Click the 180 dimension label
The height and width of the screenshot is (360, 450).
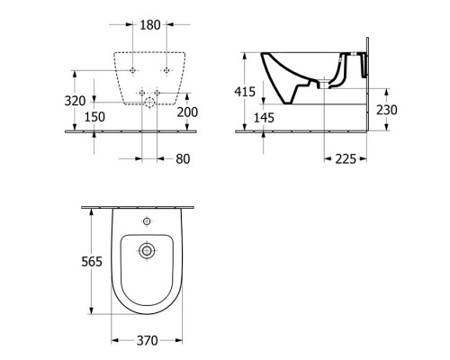[150, 25]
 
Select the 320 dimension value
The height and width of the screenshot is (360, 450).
[75, 101]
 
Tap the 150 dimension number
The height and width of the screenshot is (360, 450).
[94, 117]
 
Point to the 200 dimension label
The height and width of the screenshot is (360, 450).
[187, 112]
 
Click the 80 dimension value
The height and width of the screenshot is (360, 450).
[183, 159]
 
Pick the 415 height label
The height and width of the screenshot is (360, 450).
[245, 92]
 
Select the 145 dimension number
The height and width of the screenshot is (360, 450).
[264, 118]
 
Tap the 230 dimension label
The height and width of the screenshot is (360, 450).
[387, 110]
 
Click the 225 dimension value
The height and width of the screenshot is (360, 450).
[346, 159]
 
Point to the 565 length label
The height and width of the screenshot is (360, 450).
[92, 262]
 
